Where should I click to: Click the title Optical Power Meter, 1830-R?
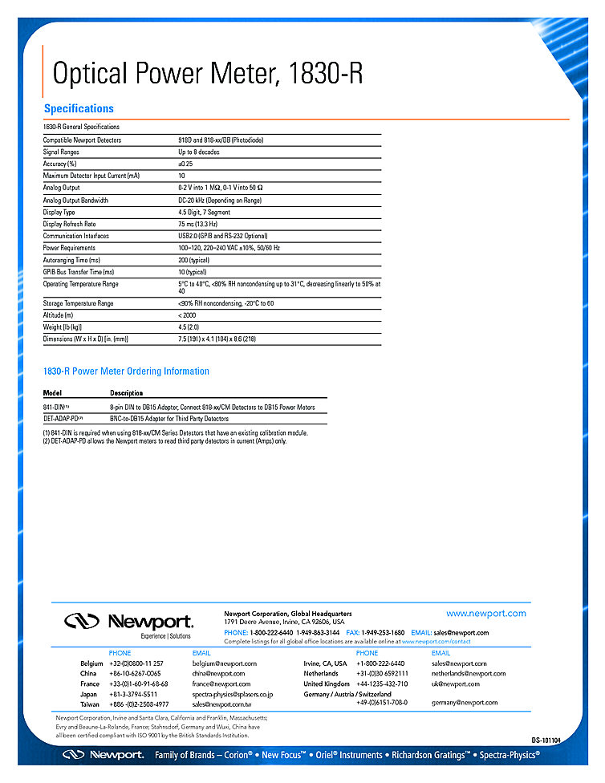click(207, 73)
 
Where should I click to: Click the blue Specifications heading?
click(79, 109)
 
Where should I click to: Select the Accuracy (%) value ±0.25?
click(186, 164)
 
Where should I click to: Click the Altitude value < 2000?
click(187, 315)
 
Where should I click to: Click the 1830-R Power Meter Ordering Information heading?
click(126, 371)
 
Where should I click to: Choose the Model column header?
click(52, 393)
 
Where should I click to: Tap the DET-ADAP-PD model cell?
click(63, 419)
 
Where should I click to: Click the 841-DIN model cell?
click(56, 408)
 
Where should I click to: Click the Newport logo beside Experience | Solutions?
click(128, 621)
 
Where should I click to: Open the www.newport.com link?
click(486, 614)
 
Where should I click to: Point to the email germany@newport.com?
click(465, 703)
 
